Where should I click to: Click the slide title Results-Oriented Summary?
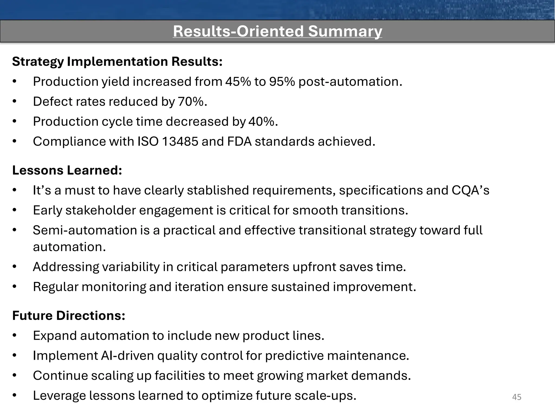[277, 31]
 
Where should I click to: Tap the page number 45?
[517, 397]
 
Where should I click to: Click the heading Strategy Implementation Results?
[117, 61]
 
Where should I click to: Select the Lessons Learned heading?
[67, 170]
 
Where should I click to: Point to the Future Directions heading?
[69, 316]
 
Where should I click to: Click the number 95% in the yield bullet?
[282, 82]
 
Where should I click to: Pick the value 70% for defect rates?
[192, 102]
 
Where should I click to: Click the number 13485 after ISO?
[180, 141]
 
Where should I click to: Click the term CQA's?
[470, 190]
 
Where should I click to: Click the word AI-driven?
[127, 356]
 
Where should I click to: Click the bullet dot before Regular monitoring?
[15, 287]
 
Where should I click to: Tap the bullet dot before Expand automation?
[15, 336]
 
